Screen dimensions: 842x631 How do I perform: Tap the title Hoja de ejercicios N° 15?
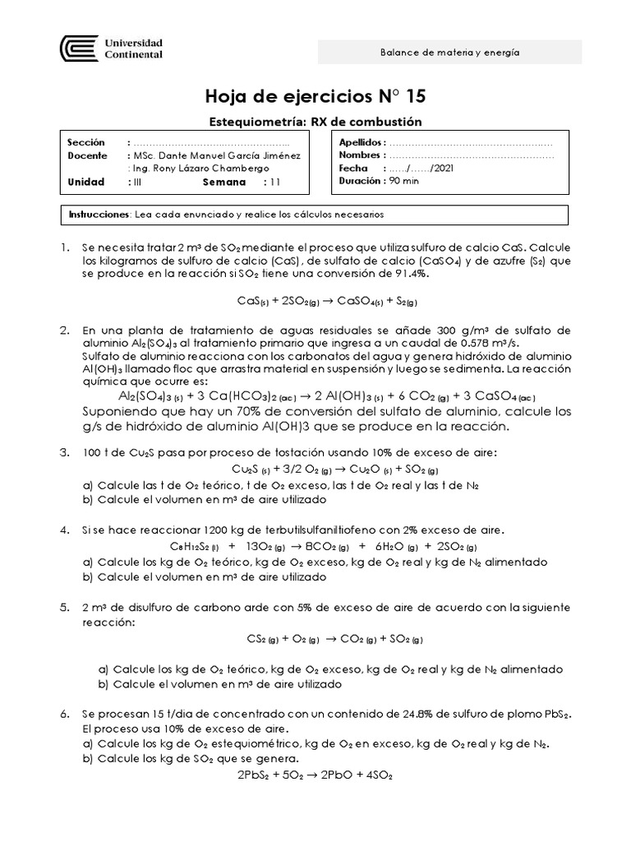tap(315, 97)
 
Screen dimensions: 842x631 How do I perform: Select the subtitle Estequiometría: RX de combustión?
tap(316, 122)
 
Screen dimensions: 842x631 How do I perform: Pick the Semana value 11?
tap(275, 182)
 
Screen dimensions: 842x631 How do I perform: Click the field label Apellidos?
tap(360, 143)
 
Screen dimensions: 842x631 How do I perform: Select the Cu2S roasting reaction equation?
tap(316, 469)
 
